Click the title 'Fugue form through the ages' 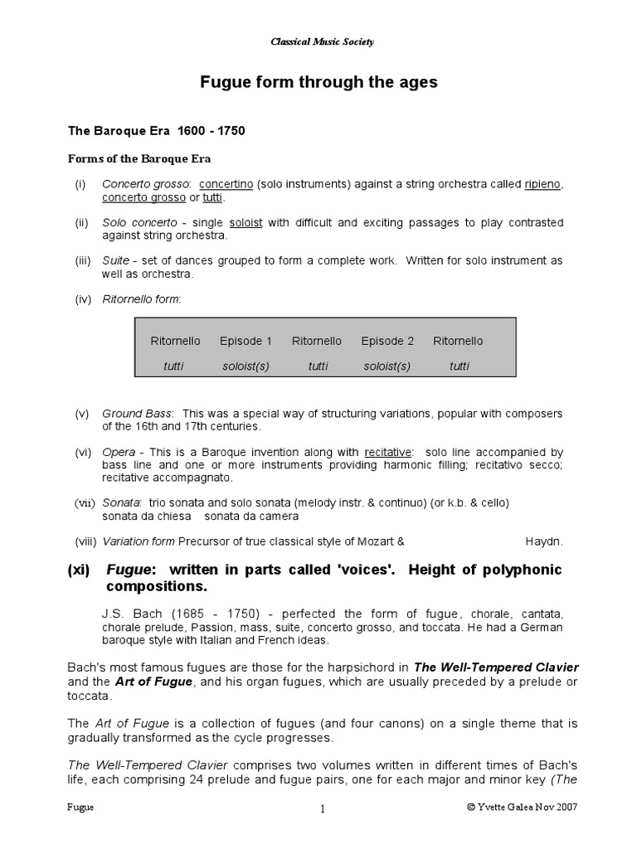(318, 83)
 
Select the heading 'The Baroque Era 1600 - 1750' (156, 131)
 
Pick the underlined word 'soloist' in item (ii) (246, 223)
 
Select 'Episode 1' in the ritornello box (246, 341)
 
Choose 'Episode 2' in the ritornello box (387, 341)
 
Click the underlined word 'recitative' (387, 453)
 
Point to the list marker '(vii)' (85, 502)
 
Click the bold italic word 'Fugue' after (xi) (129, 570)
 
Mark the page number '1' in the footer (322, 809)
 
